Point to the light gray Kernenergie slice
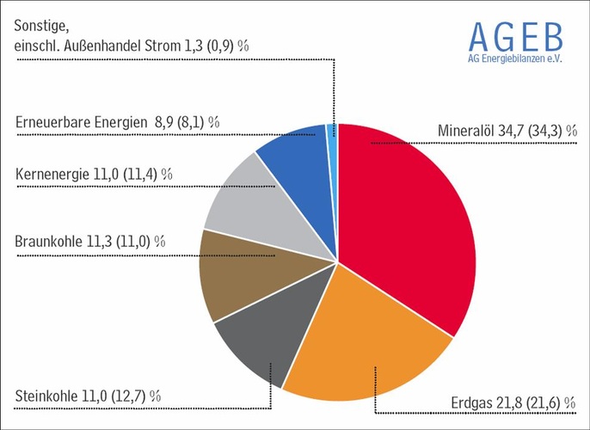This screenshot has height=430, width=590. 241,202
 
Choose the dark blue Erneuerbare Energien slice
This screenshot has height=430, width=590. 292,155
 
